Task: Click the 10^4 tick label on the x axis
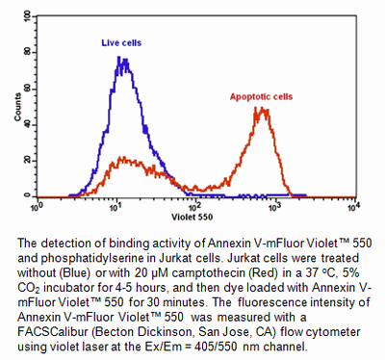coord(353,204)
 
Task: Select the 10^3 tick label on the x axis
coord(275,204)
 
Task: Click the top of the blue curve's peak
coord(119,58)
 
